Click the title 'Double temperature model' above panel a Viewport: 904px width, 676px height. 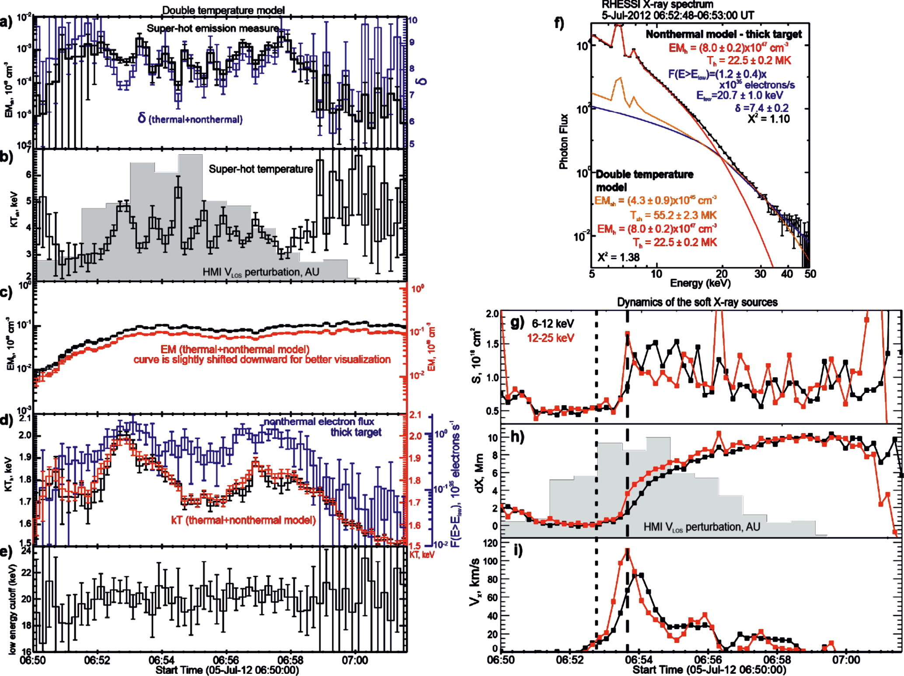coord(223,10)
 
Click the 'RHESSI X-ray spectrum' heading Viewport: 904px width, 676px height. coord(657,4)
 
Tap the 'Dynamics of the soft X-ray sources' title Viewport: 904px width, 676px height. coord(697,302)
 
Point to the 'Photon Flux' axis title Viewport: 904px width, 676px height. coord(564,141)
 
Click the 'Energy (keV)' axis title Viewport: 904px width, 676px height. coord(700,284)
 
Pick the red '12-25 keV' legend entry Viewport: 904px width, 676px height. coord(550,338)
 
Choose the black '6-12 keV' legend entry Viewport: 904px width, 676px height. coord(553,324)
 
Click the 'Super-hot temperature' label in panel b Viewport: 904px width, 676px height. coord(261,169)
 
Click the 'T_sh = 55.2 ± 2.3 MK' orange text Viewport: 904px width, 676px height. coord(673,215)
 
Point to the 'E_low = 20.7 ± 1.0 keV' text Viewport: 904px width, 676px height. coord(740,95)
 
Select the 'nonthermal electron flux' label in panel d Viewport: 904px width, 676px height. coord(319,422)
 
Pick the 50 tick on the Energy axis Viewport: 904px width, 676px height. coord(810,274)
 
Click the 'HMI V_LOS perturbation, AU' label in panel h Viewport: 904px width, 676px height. coord(702,527)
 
